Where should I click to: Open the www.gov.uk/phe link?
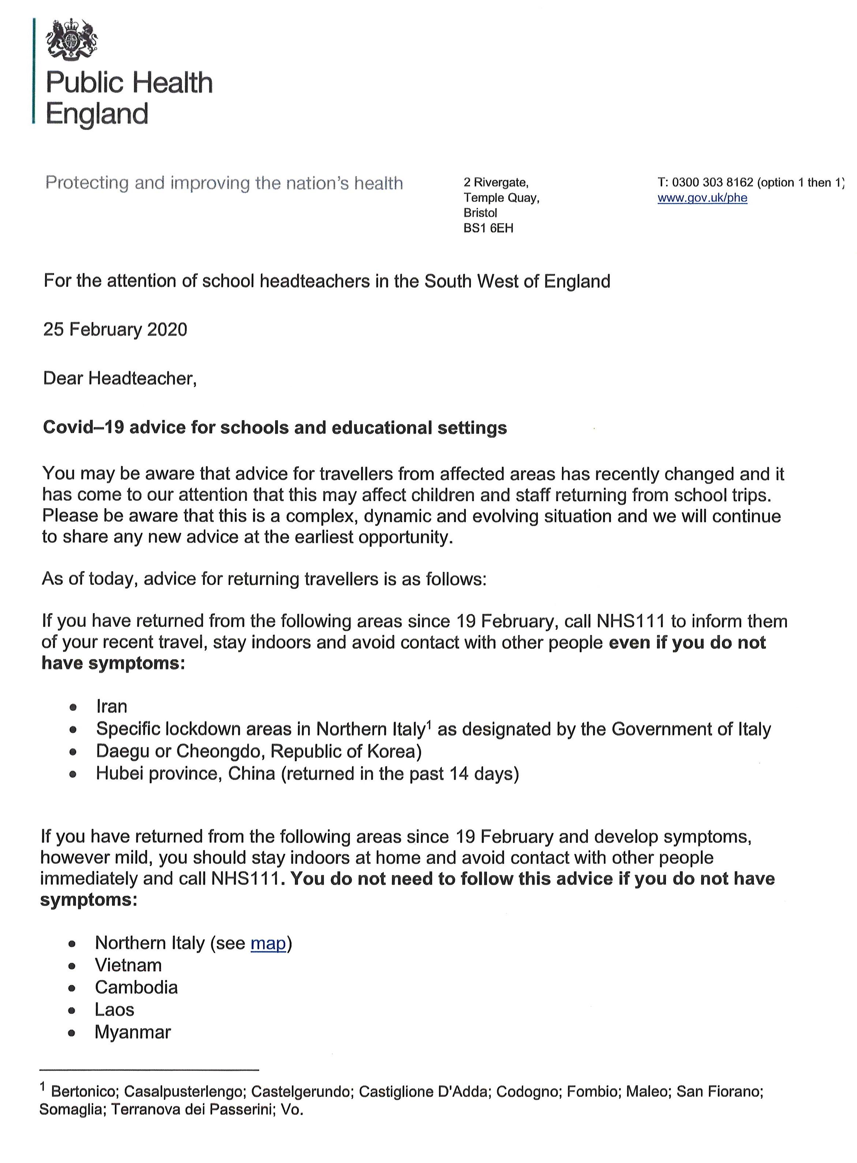(x=702, y=198)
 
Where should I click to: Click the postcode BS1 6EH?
(x=488, y=228)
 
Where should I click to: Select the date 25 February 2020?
(x=115, y=330)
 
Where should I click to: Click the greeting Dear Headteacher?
(x=119, y=378)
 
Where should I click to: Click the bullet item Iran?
(x=112, y=706)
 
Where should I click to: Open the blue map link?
(x=268, y=943)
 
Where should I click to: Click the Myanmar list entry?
(x=133, y=1032)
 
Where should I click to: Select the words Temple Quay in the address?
(x=501, y=198)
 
